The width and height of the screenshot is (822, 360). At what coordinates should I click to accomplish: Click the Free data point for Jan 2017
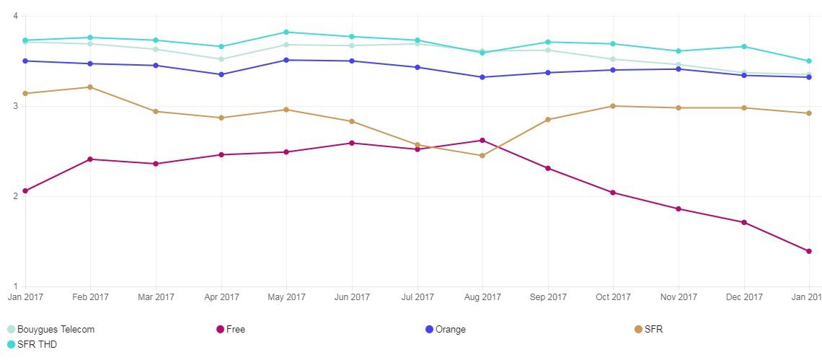[x=25, y=191]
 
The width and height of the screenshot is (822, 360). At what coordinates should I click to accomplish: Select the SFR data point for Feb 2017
[x=90, y=87]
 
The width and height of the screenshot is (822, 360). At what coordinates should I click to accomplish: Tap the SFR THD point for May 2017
[x=286, y=32]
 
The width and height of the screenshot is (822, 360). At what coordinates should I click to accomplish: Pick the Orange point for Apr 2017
[x=221, y=74]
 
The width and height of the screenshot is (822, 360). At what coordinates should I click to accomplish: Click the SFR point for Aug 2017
[x=482, y=156]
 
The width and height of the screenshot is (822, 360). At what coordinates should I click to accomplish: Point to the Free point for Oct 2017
[x=613, y=193]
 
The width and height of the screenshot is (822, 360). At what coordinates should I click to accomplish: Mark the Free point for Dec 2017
[x=744, y=222]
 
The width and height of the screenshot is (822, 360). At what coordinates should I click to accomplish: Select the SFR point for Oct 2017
[x=613, y=106]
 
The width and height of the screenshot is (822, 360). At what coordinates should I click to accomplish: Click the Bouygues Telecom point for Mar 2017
[x=156, y=49]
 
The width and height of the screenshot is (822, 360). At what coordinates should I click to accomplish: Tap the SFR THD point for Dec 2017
[x=744, y=47]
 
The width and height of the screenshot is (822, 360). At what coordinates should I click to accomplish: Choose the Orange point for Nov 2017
[x=679, y=69]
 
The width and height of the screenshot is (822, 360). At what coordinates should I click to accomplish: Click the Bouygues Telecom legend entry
[x=50, y=330]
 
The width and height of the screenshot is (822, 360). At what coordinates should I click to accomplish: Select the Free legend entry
[x=231, y=330]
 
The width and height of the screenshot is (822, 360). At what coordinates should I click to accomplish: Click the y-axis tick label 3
[x=15, y=106]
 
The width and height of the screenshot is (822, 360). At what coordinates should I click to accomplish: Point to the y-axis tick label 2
[x=15, y=196]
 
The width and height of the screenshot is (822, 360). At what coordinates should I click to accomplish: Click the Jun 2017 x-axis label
[x=352, y=297]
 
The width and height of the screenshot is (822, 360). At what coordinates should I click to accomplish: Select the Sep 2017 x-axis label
[x=548, y=297]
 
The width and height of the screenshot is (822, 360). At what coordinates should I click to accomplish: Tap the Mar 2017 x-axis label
[x=156, y=297]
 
